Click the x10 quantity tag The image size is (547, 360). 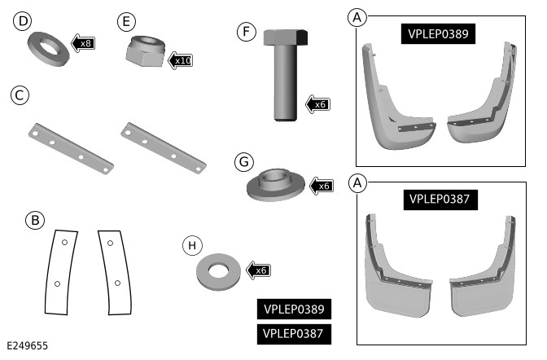pos(181,60)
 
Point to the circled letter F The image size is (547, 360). pos(245,32)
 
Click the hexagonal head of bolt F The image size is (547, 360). pos(284,38)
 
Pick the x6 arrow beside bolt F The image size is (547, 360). pos(317,103)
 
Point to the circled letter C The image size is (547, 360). pos(20,95)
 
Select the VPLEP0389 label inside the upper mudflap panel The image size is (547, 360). pos(439,33)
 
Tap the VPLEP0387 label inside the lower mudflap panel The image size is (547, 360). pos(439,198)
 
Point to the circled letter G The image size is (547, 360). pos(242,162)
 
